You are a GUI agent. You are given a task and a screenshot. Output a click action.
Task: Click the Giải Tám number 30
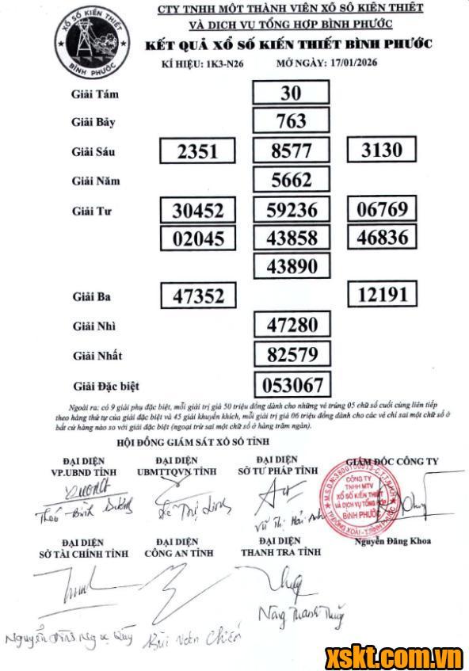pyautogui.click(x=291, y=93)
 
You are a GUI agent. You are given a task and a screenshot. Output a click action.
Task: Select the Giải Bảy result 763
pyautogui.click(x=291, y=122)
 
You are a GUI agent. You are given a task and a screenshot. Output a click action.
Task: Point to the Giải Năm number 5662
pyautogui.click(x=291, y=180)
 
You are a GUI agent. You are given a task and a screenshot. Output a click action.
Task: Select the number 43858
pyautogui.click(x=291, y=237)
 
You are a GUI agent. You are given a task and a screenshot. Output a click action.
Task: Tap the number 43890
pyautogui.click(x=291, y=265)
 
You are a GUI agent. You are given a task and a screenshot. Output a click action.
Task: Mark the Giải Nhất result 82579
pyautogui.click(x=291, y=353)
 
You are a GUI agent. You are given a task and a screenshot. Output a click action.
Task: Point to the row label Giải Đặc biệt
pyautogui.click(x=105, y=386)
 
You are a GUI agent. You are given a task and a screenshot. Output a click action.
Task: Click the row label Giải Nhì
pyautogui.click(x=96, y=326)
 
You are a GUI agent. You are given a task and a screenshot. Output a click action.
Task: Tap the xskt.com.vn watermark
pyautogui.click(x=394, y=657)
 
